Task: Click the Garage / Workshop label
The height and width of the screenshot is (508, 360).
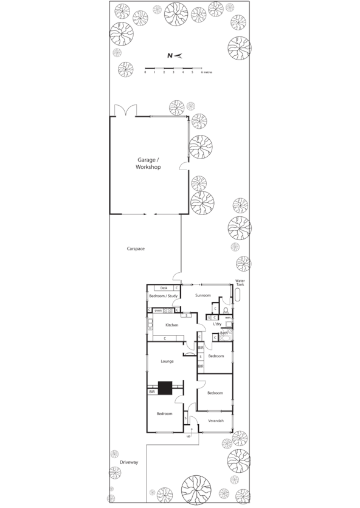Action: (148, 163)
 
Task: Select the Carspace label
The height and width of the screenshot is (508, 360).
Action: (135, 249)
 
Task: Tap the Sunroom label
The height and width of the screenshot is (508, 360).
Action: (202, 295)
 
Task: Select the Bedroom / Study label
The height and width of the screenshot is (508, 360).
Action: (163, 296)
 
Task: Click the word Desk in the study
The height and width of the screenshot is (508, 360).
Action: (164, 287)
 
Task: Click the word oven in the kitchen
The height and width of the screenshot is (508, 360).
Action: (157, 311)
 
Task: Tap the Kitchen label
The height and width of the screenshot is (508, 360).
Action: (171, 325)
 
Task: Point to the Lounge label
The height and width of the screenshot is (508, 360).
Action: (167, 361)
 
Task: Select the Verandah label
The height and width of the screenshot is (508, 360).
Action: (216, 420)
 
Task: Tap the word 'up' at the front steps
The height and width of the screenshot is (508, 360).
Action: (189, 436)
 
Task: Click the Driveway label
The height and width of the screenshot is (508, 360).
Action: (129, 462)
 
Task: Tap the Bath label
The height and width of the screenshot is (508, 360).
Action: (224, 333)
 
